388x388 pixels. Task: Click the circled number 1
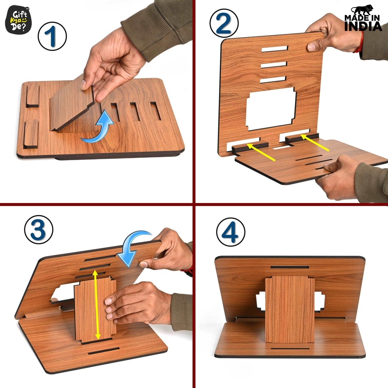click(x=52, y=37)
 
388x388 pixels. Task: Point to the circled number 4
click(x=231, y=232)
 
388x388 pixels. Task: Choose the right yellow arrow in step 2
click(x=315, y=143)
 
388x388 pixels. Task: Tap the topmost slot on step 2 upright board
click(x=275, y=49)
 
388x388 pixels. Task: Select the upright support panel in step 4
click(x=289, y=309)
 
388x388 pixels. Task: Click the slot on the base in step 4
click(x=290, y=349)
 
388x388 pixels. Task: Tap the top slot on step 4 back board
click(x=290, y=267)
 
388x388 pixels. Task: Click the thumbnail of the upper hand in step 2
click(x=311, y=47)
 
